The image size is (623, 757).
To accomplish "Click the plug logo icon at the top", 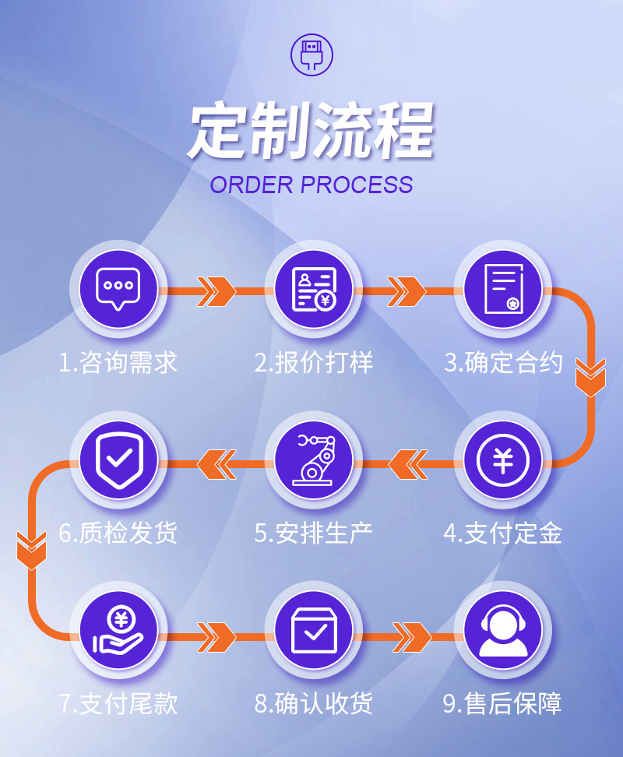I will coord(311,54).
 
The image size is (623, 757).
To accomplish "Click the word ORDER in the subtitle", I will coord(251,185).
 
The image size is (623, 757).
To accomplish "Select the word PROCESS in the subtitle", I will coord(357,185).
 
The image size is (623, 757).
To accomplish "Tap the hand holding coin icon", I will coord(118,631).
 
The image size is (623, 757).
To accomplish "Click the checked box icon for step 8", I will coord(313,632).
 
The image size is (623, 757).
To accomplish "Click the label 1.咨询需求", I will coord(118,362).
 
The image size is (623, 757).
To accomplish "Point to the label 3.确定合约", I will coord(503,362).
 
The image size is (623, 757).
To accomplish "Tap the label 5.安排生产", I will coord(313,533).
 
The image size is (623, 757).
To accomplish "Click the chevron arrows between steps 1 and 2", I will coord(217,291).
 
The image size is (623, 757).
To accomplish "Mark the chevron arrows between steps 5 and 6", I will coord(216,464).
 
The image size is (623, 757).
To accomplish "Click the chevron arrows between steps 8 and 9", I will coord(411,636).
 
